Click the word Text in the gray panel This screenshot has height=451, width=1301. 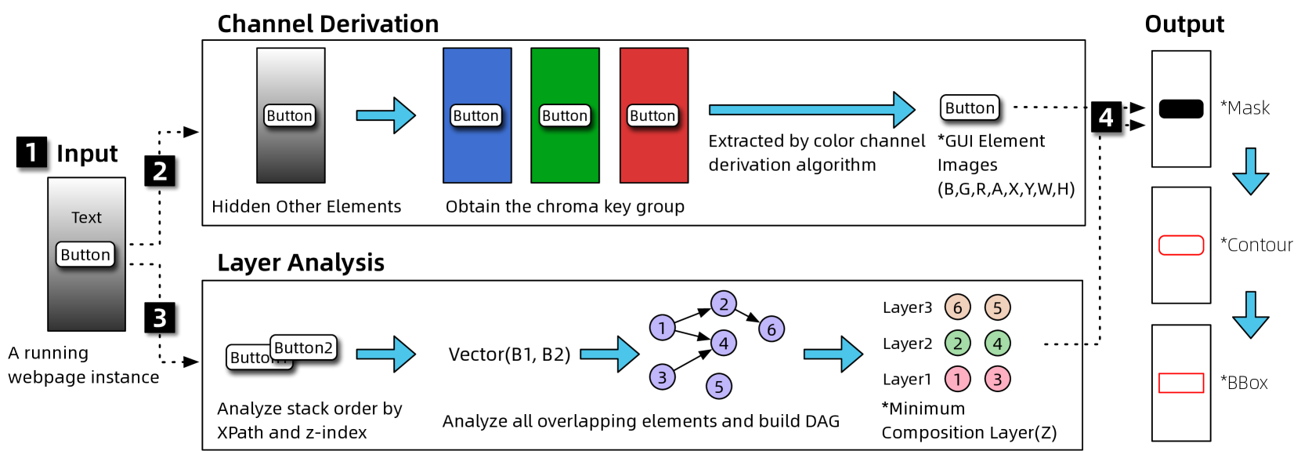[x=86, y=217]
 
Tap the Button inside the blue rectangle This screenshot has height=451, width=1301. [x=476, y=116]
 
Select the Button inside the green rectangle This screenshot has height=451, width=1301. [x=565, y=116]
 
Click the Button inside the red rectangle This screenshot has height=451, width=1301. [x=652, y=116]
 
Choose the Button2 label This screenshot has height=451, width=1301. [x=303, y=347]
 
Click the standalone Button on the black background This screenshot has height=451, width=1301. [x=970, y=107]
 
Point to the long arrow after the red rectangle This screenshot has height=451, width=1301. [x=811, y=110]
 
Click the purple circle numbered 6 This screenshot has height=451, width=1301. [x=772, y=329]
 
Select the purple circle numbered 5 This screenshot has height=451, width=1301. [x=719, y=387]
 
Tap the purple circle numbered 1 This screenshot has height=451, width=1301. [x=662, y=328]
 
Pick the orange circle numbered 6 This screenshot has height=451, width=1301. [x=957, y=307]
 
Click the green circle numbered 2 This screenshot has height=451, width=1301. [x=957, y=344]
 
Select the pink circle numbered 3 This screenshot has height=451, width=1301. [x=997, y=380]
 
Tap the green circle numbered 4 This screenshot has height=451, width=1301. [x=997, y=344]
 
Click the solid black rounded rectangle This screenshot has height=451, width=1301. [x=1181, y=109]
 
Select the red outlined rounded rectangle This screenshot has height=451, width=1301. [x=1181, y=246]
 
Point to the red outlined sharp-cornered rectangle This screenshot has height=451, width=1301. [x=1181, y=383]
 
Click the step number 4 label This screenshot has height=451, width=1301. [x=1106, y=118]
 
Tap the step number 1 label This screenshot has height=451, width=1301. [x=31, y=152]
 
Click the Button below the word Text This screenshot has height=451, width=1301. [x=85, y=255]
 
